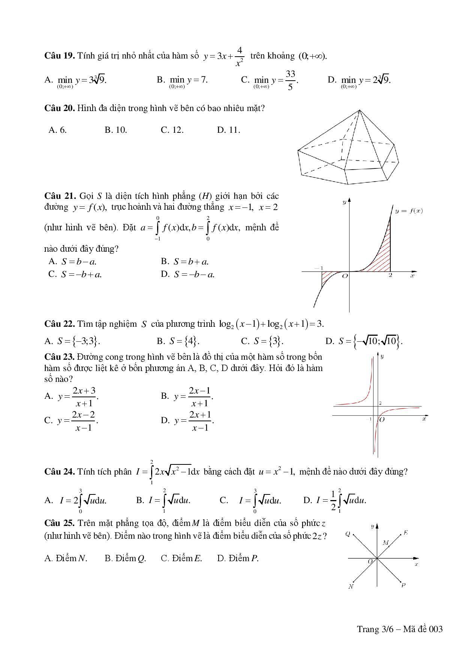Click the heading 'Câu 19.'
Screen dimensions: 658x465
[x=59, y=56]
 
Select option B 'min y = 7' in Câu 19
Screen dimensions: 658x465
[x=182, y=80]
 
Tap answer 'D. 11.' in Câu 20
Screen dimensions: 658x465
[x=228, y=130]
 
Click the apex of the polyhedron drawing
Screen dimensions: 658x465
[x=359, y=110]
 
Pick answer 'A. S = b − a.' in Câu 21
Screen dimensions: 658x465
[x=73, y=261]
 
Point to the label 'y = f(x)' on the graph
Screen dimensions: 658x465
[x=409, y=211]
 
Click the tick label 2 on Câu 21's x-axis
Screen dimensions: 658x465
[x=390, y=276]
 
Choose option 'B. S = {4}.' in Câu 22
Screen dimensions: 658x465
[x=178, y=341]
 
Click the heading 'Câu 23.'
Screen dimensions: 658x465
[x=59, y=356]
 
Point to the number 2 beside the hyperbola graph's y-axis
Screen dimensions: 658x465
[x=380, y=403]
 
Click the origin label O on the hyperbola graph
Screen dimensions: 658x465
[x=382, y=419]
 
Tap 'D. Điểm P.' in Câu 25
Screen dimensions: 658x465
[x=238, y=558]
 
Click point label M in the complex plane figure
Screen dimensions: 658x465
[x=385, y=542]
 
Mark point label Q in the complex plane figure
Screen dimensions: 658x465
[x=348, y=533]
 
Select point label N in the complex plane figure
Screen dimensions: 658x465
[x=351, y=587]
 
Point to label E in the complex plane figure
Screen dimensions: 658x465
[x=406, y=533]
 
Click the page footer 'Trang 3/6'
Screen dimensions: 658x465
[x=373, y=629]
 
